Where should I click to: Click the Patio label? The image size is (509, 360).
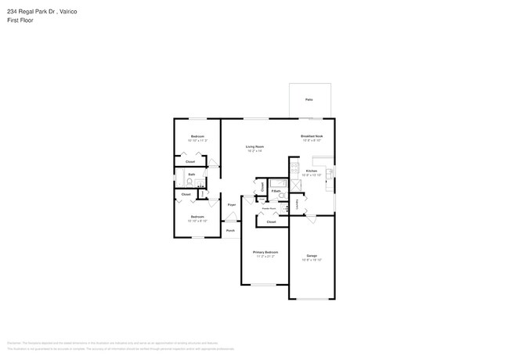[309, 100]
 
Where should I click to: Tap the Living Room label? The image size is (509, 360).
[254, 146]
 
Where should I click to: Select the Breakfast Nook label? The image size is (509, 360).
[312, 136]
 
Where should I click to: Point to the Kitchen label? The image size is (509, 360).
[311, 171]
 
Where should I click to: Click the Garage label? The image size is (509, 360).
[312, 256]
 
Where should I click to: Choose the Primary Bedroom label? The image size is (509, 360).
[265, 252]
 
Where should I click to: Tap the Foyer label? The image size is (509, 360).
[232, 205]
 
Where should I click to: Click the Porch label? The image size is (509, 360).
[231, 231]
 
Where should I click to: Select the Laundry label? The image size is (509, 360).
[297, 204]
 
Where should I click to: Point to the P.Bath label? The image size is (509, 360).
[276, 191]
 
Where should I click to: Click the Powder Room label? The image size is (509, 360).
[268, 208]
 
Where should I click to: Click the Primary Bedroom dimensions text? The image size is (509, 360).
[265, 257]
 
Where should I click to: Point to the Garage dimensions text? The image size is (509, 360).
[312, 261]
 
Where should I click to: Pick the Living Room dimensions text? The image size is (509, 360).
[254, 151]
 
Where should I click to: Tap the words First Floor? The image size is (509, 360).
[20, 21]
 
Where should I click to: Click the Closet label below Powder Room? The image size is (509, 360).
[271, 222]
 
